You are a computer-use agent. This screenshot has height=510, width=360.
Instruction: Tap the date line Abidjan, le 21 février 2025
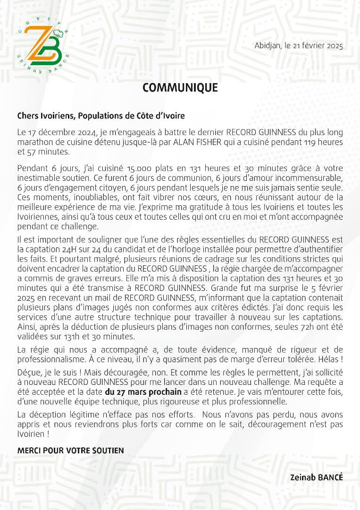[x=299, y=46]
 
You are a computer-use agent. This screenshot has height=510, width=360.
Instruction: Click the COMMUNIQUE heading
[x=180, y=88]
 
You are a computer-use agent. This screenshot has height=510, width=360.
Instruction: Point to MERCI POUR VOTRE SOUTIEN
[x=71, y=450]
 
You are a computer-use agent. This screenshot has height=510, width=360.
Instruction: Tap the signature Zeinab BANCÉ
[x=316, y=477]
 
